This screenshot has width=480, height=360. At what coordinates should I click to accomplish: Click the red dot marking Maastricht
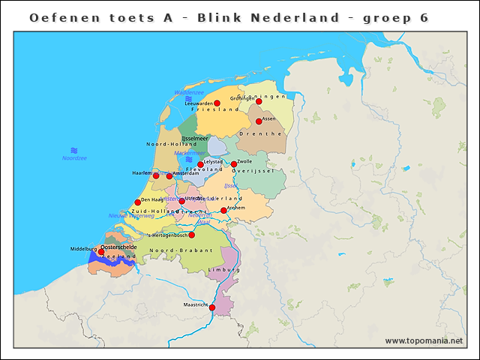click(211, 307)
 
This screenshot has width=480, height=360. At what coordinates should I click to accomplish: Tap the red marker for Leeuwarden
click(217, 103)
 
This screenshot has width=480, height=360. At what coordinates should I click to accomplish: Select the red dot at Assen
click(259, 121)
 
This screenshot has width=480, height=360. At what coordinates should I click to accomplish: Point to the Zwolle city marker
click(234, 164)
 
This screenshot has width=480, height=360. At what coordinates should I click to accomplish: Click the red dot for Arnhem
click(223, 210)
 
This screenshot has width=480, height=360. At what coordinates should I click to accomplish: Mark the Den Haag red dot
click(137, 202)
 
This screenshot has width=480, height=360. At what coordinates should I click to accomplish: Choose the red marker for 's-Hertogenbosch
click(191, 235)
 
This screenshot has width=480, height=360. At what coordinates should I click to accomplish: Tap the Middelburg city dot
click(101, 252)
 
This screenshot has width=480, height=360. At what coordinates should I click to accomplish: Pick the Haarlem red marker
click(156, 175)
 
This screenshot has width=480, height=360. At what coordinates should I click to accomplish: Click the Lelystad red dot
click(200, 164)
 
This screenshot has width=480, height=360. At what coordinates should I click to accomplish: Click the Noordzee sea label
click(74, 158)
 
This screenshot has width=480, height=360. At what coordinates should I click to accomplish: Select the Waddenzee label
click(189, 92)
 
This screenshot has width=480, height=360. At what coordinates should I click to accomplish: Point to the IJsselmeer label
click(194, 138)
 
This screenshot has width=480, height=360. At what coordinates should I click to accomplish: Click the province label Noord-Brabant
click(172, 250)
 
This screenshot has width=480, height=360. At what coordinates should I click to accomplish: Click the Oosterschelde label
click(118, 246)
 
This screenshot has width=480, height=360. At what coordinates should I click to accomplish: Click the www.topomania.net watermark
click(424, 340)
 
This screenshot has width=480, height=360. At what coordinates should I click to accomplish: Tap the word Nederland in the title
click(300, 17)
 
